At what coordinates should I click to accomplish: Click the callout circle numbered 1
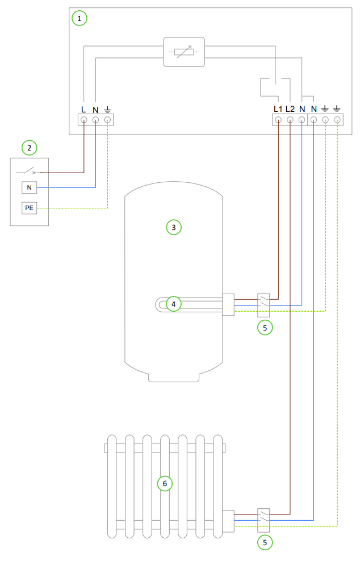tap(79, 19)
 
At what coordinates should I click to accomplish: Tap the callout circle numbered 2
tap(29, 148)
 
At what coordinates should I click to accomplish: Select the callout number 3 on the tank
tap(174, 228)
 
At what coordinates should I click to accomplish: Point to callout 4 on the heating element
tap(174, 304)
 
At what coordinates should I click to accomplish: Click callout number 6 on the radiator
tap(165, 484)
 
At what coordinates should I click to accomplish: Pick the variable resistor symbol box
tap(183, 53)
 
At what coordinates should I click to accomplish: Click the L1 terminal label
tap(278, 108)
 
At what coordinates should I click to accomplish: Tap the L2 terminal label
tap(290, 108)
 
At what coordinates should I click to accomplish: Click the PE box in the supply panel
tap(29, 208)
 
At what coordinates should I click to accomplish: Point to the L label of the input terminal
tap(83, 108)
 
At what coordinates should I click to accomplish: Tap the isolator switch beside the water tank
tap(263, 304)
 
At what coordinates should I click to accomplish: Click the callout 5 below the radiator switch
tap(264, 542)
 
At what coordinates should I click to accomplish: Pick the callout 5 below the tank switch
tap(264, 327)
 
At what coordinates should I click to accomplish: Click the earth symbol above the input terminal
tap(107, 108)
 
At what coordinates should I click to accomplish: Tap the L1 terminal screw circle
tap(278, 120)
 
